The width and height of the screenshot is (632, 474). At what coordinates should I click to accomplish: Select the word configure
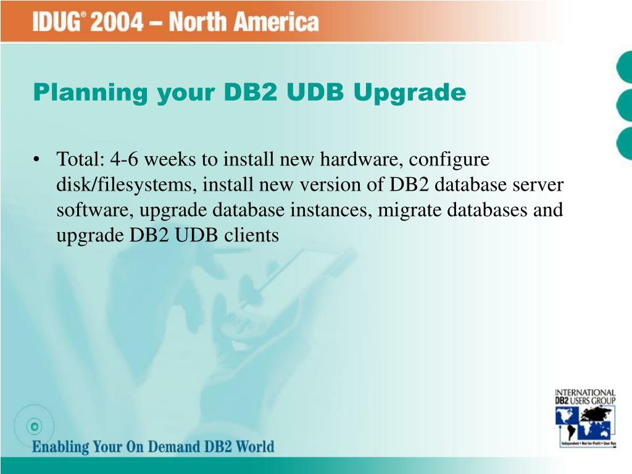point(449,161)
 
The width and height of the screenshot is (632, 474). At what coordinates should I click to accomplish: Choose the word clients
point(254,235)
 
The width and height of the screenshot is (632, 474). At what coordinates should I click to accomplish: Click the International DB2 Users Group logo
point(585,417)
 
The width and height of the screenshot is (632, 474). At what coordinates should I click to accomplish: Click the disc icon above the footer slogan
point(35,426)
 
